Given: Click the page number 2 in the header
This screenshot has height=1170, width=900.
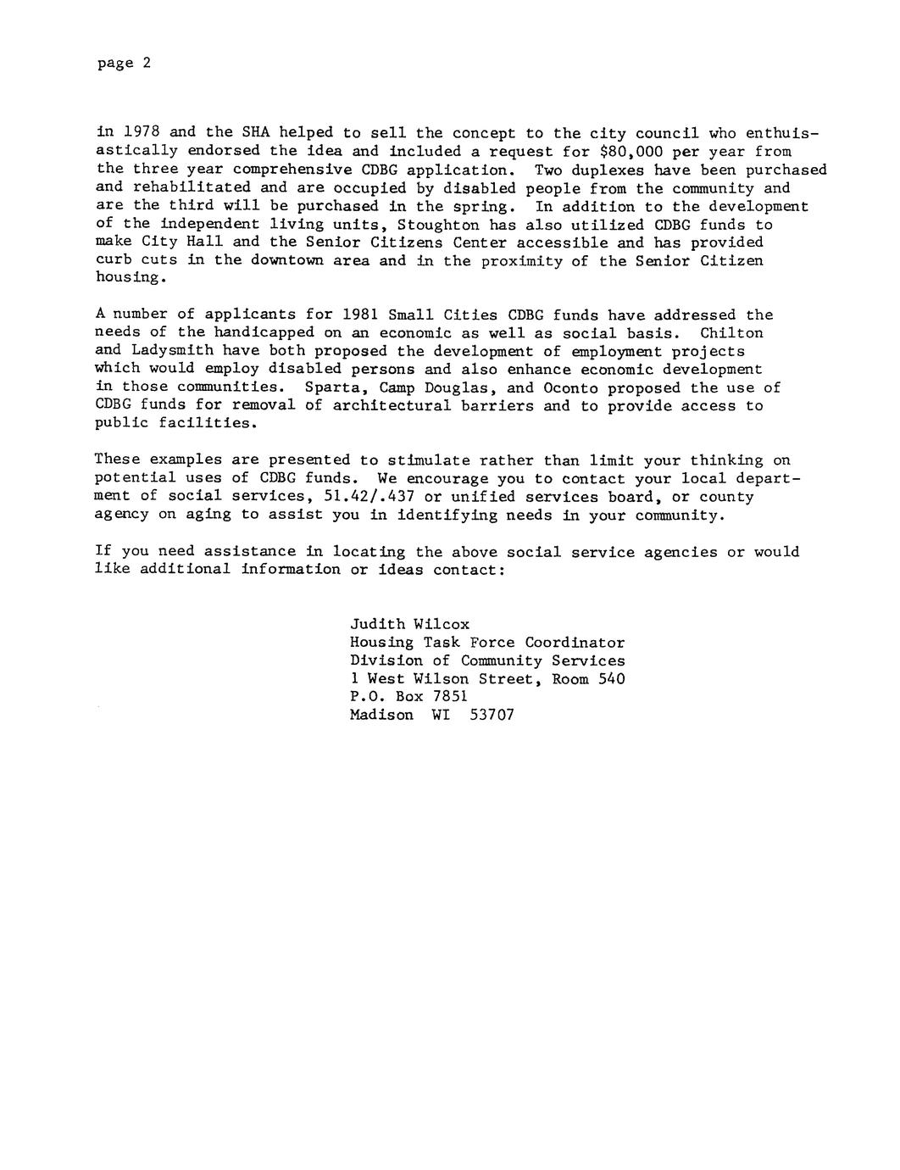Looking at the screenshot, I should click(146, 64).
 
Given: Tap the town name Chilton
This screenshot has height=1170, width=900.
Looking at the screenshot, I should click(731, 332).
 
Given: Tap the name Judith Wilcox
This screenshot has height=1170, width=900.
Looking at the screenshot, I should click(409, 624).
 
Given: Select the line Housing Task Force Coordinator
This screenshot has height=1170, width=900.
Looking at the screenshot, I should click(487, 643).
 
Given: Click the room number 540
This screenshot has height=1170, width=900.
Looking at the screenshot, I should click(611, 678).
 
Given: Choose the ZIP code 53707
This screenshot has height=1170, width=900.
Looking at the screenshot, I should click(492, 715).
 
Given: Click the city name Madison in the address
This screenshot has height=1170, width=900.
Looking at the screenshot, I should click(381, 715).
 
